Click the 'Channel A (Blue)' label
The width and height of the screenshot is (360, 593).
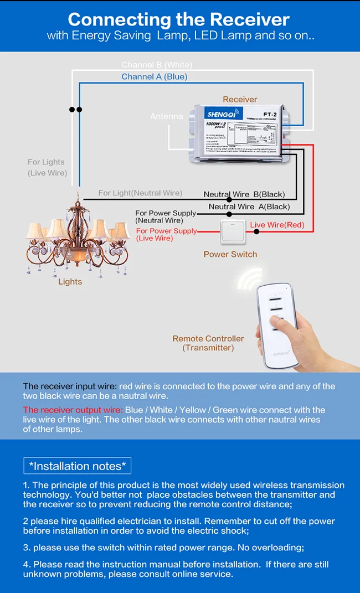click(154, 76)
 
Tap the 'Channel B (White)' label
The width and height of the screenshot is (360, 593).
click(157, 65)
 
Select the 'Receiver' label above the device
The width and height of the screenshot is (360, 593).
click(240, 99)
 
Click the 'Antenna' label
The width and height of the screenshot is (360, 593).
click(166, 116)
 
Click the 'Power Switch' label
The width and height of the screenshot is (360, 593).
click(230, 254)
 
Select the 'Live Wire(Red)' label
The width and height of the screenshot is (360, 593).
click(277, 225)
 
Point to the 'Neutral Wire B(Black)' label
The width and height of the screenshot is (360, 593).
click(244, 194)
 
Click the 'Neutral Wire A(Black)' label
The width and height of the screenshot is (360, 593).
click(249, 207)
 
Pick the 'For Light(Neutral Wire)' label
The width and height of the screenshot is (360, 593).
click(140, 193)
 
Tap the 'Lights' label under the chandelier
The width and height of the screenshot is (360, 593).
click(70, 281)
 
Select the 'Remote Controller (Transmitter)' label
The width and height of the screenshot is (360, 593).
click(208, 343)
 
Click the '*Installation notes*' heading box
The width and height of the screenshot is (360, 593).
click(77, 466)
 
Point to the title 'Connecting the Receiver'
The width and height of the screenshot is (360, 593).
click(179, 20)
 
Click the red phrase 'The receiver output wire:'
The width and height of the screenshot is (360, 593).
click(73, 410)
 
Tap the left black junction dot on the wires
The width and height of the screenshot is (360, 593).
click(72, 110)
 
